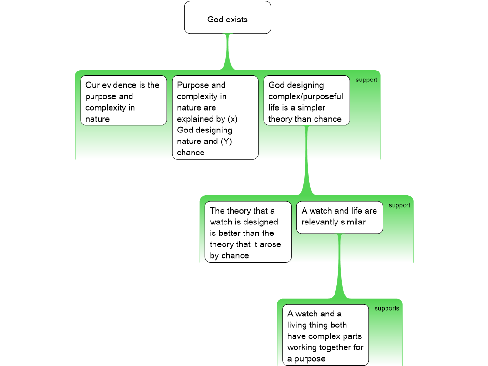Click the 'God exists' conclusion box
pos(228,18)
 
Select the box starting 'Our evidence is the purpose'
pos(123,100)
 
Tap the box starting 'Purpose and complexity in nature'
pos(215,117)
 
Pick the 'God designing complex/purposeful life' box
pos(306,100)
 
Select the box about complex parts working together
pos(325,335)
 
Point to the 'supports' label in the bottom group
pos(386,308)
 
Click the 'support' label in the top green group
pos(366,80)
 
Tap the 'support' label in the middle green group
pos(399,205)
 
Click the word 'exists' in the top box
pos(237,20)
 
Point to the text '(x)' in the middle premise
pos(232,119)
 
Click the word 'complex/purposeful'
pos(305,96)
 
